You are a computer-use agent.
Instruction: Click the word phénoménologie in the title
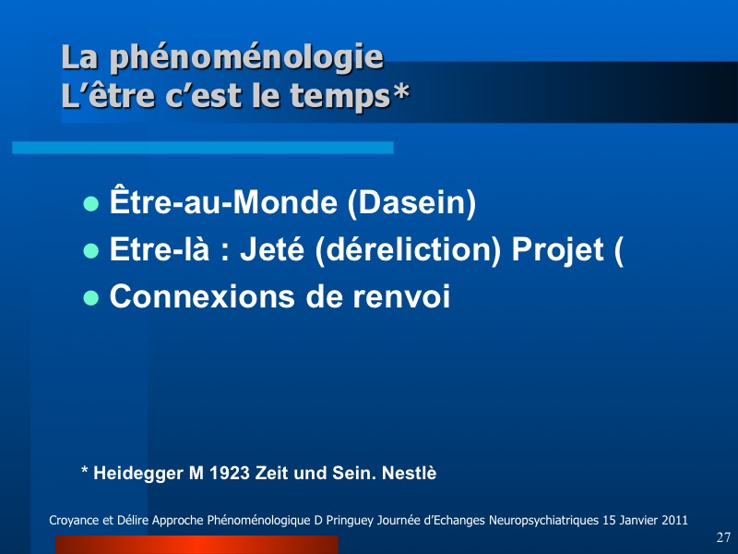coord(246,58)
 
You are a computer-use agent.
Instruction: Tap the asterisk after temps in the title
coord(400,90)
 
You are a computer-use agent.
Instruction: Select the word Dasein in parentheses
coord(411,202)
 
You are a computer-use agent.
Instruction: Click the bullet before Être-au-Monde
coord(90,204)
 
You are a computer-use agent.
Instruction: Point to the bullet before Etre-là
coord(90,251)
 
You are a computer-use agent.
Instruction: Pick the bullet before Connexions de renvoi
coord(90,298)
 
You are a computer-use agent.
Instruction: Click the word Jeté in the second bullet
coord(272,249)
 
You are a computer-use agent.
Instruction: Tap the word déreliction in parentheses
coord(408,249)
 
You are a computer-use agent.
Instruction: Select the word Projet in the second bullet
coord(557,250)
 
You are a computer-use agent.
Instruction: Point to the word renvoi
coord(401,296)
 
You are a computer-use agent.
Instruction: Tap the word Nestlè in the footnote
coord(409,473)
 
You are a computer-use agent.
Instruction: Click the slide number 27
coord(723,537)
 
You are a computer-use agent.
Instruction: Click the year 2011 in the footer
coord(674,520)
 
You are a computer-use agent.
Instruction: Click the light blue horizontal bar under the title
coord(203,148)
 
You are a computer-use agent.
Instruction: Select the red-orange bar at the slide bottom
coord(196,545)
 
